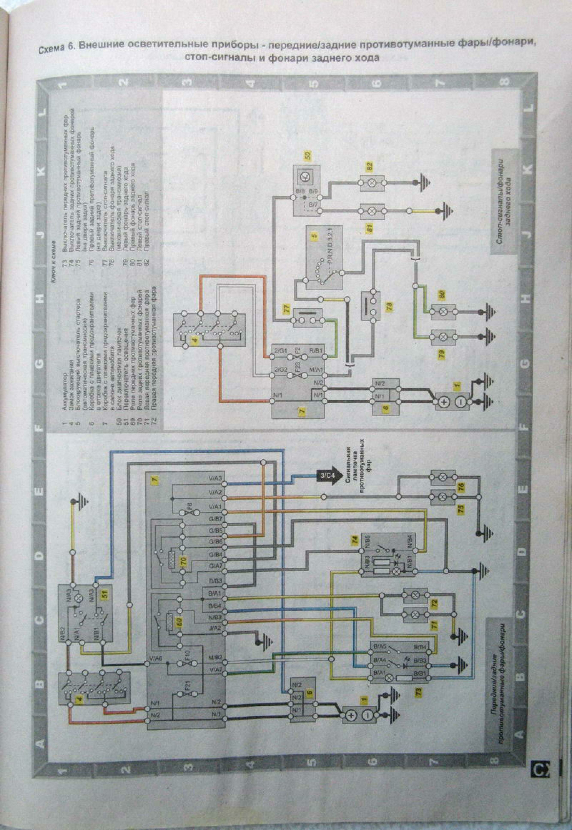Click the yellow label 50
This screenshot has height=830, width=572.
click(308, 155)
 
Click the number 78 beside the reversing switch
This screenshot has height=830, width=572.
click(389, 307)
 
